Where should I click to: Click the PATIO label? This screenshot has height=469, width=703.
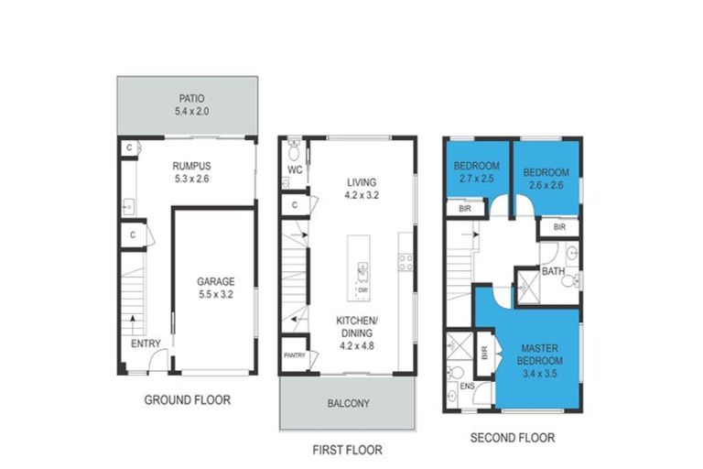(x=191, y=97)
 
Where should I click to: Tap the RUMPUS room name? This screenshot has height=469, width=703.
(x=191, y=166)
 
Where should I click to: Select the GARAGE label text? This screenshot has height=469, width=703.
(x=216, y=282)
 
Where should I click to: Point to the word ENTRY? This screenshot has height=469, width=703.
(x=146, y=344)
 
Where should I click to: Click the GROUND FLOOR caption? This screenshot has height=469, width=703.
(x=187, y=400)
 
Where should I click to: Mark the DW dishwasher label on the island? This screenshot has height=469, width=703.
(x=362, y=291)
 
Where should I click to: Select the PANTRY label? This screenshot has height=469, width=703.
(x=294, y=355)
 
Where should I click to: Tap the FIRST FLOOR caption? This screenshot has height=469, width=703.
(x=346, y=450)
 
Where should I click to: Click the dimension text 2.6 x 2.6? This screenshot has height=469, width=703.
(x=546, y=185)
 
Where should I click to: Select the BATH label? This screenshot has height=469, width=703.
(x=552, y=271)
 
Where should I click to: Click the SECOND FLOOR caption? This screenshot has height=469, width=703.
(x=512, y=438)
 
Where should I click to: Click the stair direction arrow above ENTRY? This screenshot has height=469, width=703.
(x=135, y=321)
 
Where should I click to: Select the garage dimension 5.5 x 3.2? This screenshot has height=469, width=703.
(x=216, y=295)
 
